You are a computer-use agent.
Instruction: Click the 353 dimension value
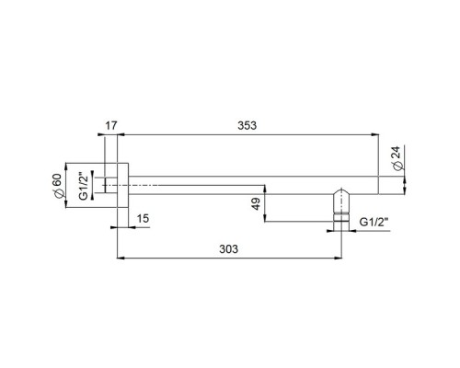point(247,125)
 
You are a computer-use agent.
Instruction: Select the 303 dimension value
point(228,249)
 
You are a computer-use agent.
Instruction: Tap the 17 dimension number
point(111,125)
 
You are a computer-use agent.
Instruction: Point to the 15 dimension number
point(143,219)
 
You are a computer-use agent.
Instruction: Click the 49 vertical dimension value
point(256,204)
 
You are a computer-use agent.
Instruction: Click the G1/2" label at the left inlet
point(84,186)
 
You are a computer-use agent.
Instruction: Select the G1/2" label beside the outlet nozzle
point(374,222)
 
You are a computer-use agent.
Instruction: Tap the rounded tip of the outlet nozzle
point(341,190)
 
